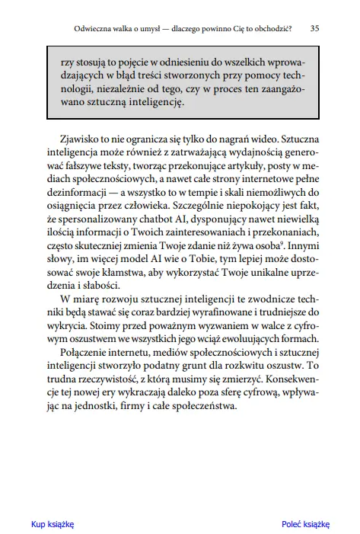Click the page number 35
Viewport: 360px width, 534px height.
[x=315, y=28]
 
